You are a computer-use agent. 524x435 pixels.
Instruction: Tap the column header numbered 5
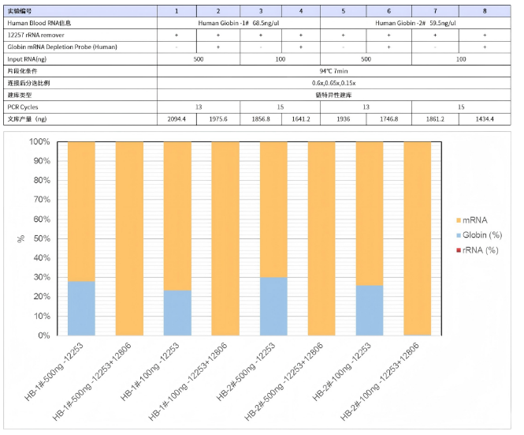click(x=343, y=10)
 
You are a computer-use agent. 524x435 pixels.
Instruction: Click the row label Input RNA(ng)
click(x=27, y=58)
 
